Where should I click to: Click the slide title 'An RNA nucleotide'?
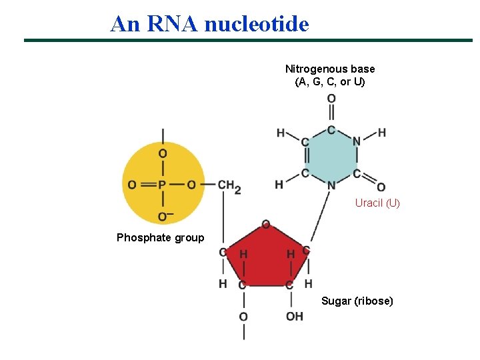pos(209,24)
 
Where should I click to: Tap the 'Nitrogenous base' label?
pos(330,69)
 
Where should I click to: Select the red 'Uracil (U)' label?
pos(377,203)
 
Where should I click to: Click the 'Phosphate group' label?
pos(160,237)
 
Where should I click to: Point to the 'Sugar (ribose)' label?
pos(357,301)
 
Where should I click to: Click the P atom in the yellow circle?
pos(163,185)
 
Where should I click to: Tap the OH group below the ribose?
pos(294,316)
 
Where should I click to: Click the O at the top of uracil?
pos(331,99)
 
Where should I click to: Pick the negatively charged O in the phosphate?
pos(164,216)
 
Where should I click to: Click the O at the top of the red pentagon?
pos(265,224)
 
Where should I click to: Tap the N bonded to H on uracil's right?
pos(357,141)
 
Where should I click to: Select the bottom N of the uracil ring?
pos(331,185)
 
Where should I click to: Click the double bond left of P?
pos(147,185)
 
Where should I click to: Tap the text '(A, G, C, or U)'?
pos(330,82)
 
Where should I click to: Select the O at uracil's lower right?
pos(381,187)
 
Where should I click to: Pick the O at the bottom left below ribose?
pos(243,316)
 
